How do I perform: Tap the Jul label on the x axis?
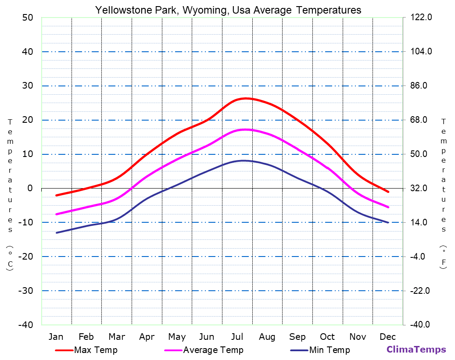(x=237, y=337)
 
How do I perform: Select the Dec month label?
(x=388, y=337)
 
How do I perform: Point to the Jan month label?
(x=56, y=337)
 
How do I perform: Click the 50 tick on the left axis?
(x=27, y=18)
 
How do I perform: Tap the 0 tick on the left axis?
(x=30, y=189)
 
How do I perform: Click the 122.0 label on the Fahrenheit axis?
(x=421, y=18)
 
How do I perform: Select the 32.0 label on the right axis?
(x=421, y=189)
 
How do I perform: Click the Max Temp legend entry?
(x=96, y=350)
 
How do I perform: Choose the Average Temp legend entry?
(x=213, y=350)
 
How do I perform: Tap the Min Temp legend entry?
(x=329, y=350)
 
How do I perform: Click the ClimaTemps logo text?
(x=416, y=349)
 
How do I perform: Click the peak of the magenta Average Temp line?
(x=245, y=129)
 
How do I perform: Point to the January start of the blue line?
(x=57, y=233)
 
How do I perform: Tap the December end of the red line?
(x=388, y=192)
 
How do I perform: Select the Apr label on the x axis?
(x=147, y=337)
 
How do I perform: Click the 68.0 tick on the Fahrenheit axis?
(x=421, y=120)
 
